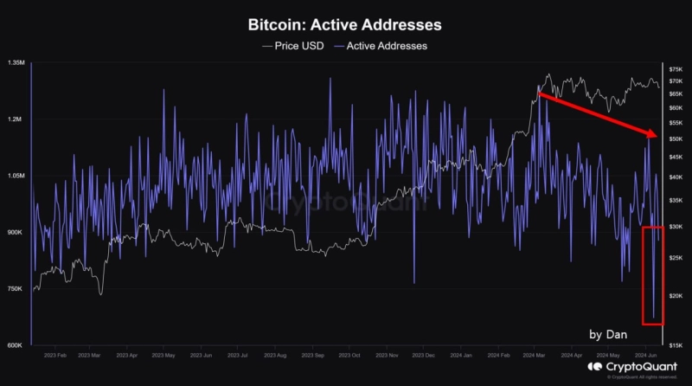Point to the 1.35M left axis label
[16, 64]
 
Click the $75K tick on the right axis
[676, 68]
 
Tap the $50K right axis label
[676, 138]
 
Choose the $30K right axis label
[676, 227]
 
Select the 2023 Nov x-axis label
[387, 355]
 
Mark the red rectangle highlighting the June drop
[653, 275]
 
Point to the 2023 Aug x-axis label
[275, 355]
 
